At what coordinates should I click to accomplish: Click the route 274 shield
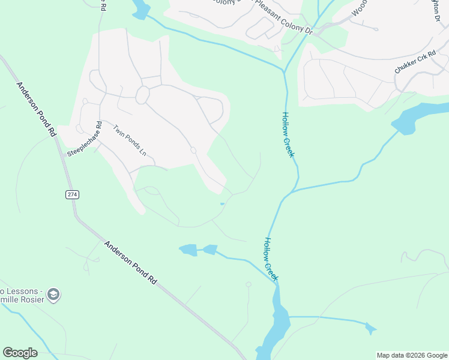coord(73,194)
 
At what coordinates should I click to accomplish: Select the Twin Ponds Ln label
coord(130,140)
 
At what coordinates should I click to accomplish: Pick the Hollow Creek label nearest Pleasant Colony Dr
coord(289,136)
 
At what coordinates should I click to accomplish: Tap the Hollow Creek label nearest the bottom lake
coord(271,259)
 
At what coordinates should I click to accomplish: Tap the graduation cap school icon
coord(53,295)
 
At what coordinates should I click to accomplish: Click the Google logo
coord(20,353)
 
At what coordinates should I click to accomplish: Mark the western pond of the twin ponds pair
coord(188,250)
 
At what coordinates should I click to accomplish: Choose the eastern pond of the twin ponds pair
coord(210,249)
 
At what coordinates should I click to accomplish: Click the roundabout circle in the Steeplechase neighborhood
coord(143,95)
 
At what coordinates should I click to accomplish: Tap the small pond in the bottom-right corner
coord(370,328)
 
